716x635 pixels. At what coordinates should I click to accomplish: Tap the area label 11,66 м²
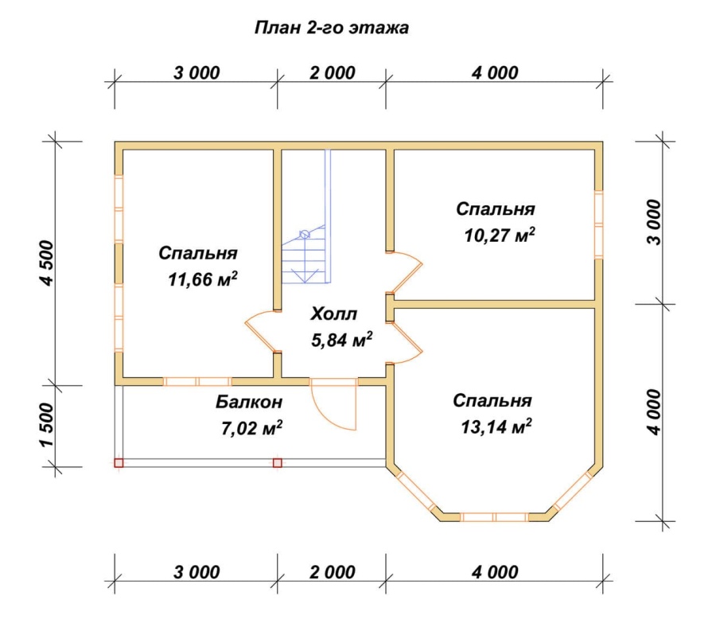(203, 279)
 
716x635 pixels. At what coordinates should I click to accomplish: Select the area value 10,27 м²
(500, 236)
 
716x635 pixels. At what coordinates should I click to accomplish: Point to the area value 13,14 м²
(496, 427)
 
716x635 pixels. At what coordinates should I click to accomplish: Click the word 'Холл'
(334, 314)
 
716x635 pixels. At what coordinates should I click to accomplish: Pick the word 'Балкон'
(249, 402)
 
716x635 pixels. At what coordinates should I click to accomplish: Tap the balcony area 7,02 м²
(251, 429)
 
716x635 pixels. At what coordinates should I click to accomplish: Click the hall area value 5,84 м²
(341, 340)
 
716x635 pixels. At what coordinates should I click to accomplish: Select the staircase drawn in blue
(305, 216)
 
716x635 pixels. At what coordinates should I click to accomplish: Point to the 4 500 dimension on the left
(48, 263)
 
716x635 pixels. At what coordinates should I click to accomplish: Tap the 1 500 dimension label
(48, 425)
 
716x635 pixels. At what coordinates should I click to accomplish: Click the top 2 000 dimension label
(332, 73)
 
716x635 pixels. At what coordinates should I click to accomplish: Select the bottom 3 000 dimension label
(197, 572)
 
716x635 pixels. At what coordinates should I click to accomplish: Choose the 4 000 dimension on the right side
(655, 412)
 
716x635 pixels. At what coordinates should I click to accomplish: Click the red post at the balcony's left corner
(119, 463)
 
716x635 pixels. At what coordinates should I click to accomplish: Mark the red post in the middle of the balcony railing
(277, 463)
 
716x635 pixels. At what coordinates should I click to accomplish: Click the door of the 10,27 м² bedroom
(406, 271)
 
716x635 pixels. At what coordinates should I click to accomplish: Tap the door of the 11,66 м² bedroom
(262, 331)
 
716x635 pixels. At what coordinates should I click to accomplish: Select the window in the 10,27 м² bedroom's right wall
(598, 224)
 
